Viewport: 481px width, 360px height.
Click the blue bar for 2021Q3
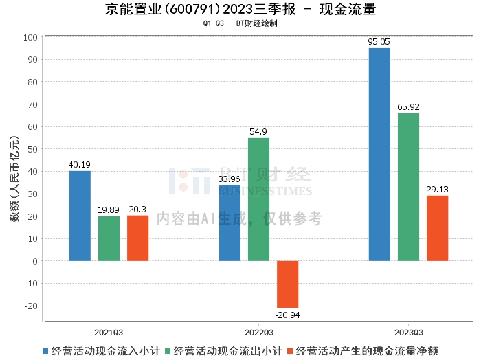[x=80, y=216]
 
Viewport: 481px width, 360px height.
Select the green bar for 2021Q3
[x=109, y=238]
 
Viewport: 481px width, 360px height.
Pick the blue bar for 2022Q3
[x=230, y=223]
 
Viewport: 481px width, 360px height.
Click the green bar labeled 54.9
[x=258, y=199]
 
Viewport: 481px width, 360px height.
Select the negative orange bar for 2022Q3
[x=287, y=284]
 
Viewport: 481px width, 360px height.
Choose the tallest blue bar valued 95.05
[x=379, y=155]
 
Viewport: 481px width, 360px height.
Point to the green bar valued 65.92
[x=408, y=187]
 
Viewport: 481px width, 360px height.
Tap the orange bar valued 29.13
[x=437, y=228]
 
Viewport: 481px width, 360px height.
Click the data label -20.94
[x=287, y=315]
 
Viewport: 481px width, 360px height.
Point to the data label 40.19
[x=80, y=164]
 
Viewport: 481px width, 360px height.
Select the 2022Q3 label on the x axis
[x=258, y=330]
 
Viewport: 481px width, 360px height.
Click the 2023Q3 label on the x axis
[x=408, y=330]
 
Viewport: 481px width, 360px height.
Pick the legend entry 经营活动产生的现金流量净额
[x=363, y=351]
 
